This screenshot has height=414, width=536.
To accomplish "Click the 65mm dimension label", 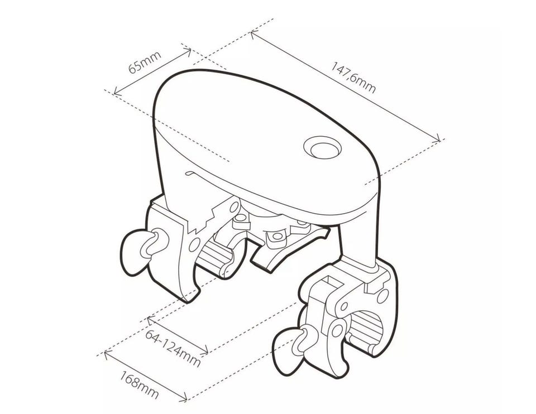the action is [145, 62].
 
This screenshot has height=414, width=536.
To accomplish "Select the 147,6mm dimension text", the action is [353, 78].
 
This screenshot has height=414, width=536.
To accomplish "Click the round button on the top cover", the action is [322, 147].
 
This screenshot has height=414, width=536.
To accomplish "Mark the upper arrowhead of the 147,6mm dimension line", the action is [253, 34].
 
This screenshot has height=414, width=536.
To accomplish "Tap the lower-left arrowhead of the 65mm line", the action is [117, 91].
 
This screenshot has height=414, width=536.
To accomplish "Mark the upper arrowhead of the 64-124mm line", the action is [150, 320].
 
